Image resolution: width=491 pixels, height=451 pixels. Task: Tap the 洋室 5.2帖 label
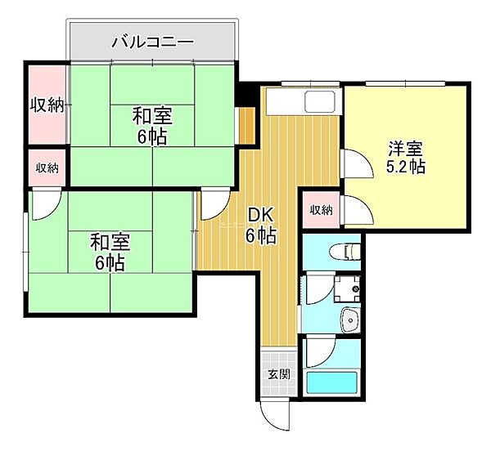pos(405,157)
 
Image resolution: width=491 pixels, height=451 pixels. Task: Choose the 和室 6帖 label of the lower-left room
pos(110,252)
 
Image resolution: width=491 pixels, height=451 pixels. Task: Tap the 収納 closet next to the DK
pos(321,210)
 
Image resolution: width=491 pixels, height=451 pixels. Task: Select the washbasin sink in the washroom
pos(349,321)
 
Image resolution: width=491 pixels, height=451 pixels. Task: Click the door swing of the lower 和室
pos(46,203)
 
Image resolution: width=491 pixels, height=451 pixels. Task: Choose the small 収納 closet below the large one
pos(47,167)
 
